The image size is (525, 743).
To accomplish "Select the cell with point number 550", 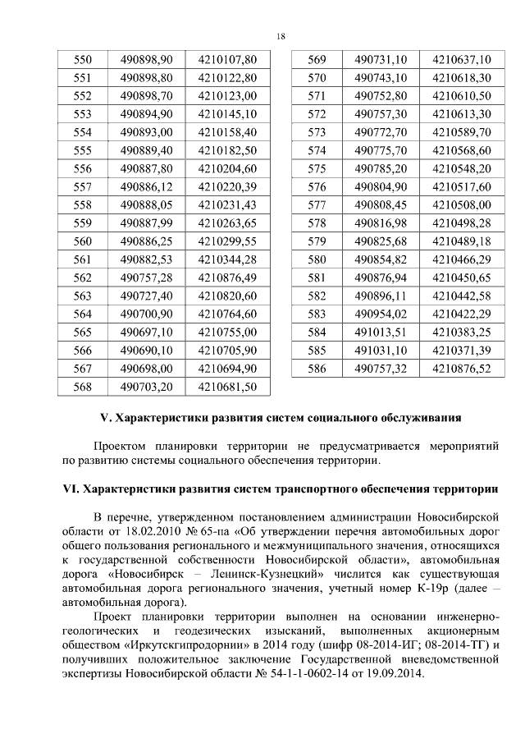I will tap(83, 60).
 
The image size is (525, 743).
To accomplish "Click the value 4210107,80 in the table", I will tap(229, 60).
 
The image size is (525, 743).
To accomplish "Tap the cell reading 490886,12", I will tap(147, 186).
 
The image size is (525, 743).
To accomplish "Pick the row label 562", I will tap(83, 277).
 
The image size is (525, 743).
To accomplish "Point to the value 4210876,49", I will tap(229, 277).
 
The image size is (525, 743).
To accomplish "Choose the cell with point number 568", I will tap(83, 385).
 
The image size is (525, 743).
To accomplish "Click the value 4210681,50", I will tap(229, 385).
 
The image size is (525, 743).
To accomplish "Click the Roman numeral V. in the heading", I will tap(104, 418).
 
